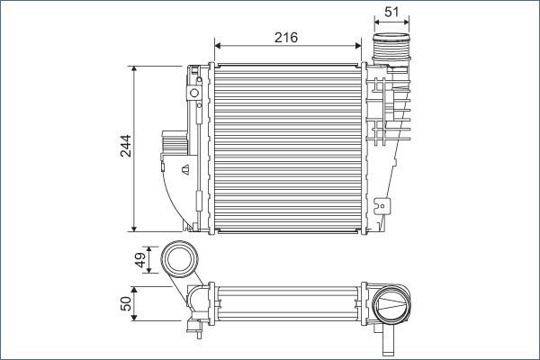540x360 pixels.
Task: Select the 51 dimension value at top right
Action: click(x=391, y=12)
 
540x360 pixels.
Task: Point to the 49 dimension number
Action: click(x=140, y=260)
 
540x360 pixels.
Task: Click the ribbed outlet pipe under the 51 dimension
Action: click(x=391, y=49)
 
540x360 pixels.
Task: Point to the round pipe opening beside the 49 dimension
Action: click(x=180, y=260)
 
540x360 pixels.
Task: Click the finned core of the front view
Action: click(x=286, y=147)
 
